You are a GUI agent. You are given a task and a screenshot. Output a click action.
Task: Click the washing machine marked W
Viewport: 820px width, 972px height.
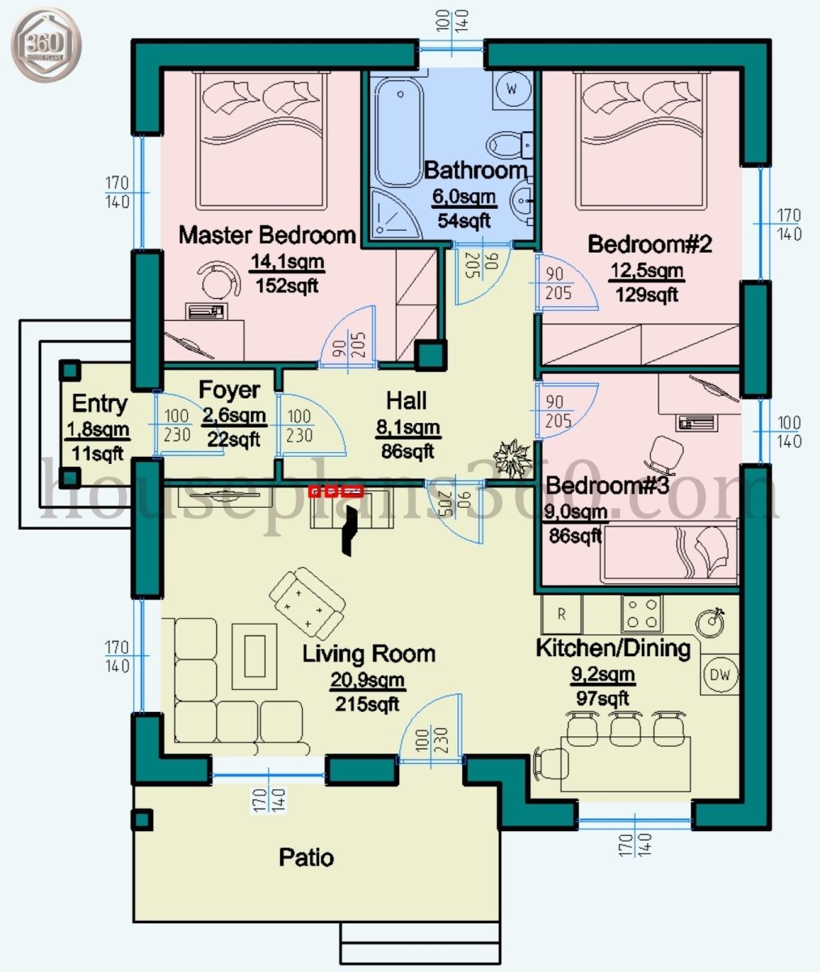click(x=512, y=87)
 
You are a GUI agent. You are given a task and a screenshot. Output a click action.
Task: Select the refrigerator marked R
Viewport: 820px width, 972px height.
click(x=561, y=615)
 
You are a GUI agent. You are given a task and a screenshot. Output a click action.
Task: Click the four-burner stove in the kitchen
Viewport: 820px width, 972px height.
click(x=642, y=614)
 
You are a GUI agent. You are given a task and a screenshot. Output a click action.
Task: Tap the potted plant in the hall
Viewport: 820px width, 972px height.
click(x=514, y=459)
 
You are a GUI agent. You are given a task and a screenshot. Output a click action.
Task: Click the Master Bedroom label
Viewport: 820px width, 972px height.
click(x=267, y=236)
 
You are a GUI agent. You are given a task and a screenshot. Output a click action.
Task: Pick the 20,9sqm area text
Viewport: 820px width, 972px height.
click(x=367, y=680)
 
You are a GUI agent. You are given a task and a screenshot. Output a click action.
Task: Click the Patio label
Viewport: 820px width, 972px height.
click(x=306, y=857)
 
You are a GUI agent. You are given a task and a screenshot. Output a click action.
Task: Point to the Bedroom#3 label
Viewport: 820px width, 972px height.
click(x=607, y=486)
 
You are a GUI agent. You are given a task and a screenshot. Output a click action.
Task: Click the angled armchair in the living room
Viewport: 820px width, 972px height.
click(x=307, y=601)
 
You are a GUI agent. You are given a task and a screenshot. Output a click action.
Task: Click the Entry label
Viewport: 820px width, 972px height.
click(x=100, y=403)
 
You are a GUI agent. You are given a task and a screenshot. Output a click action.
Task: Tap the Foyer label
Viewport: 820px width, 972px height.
click(x=230, y=390)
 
